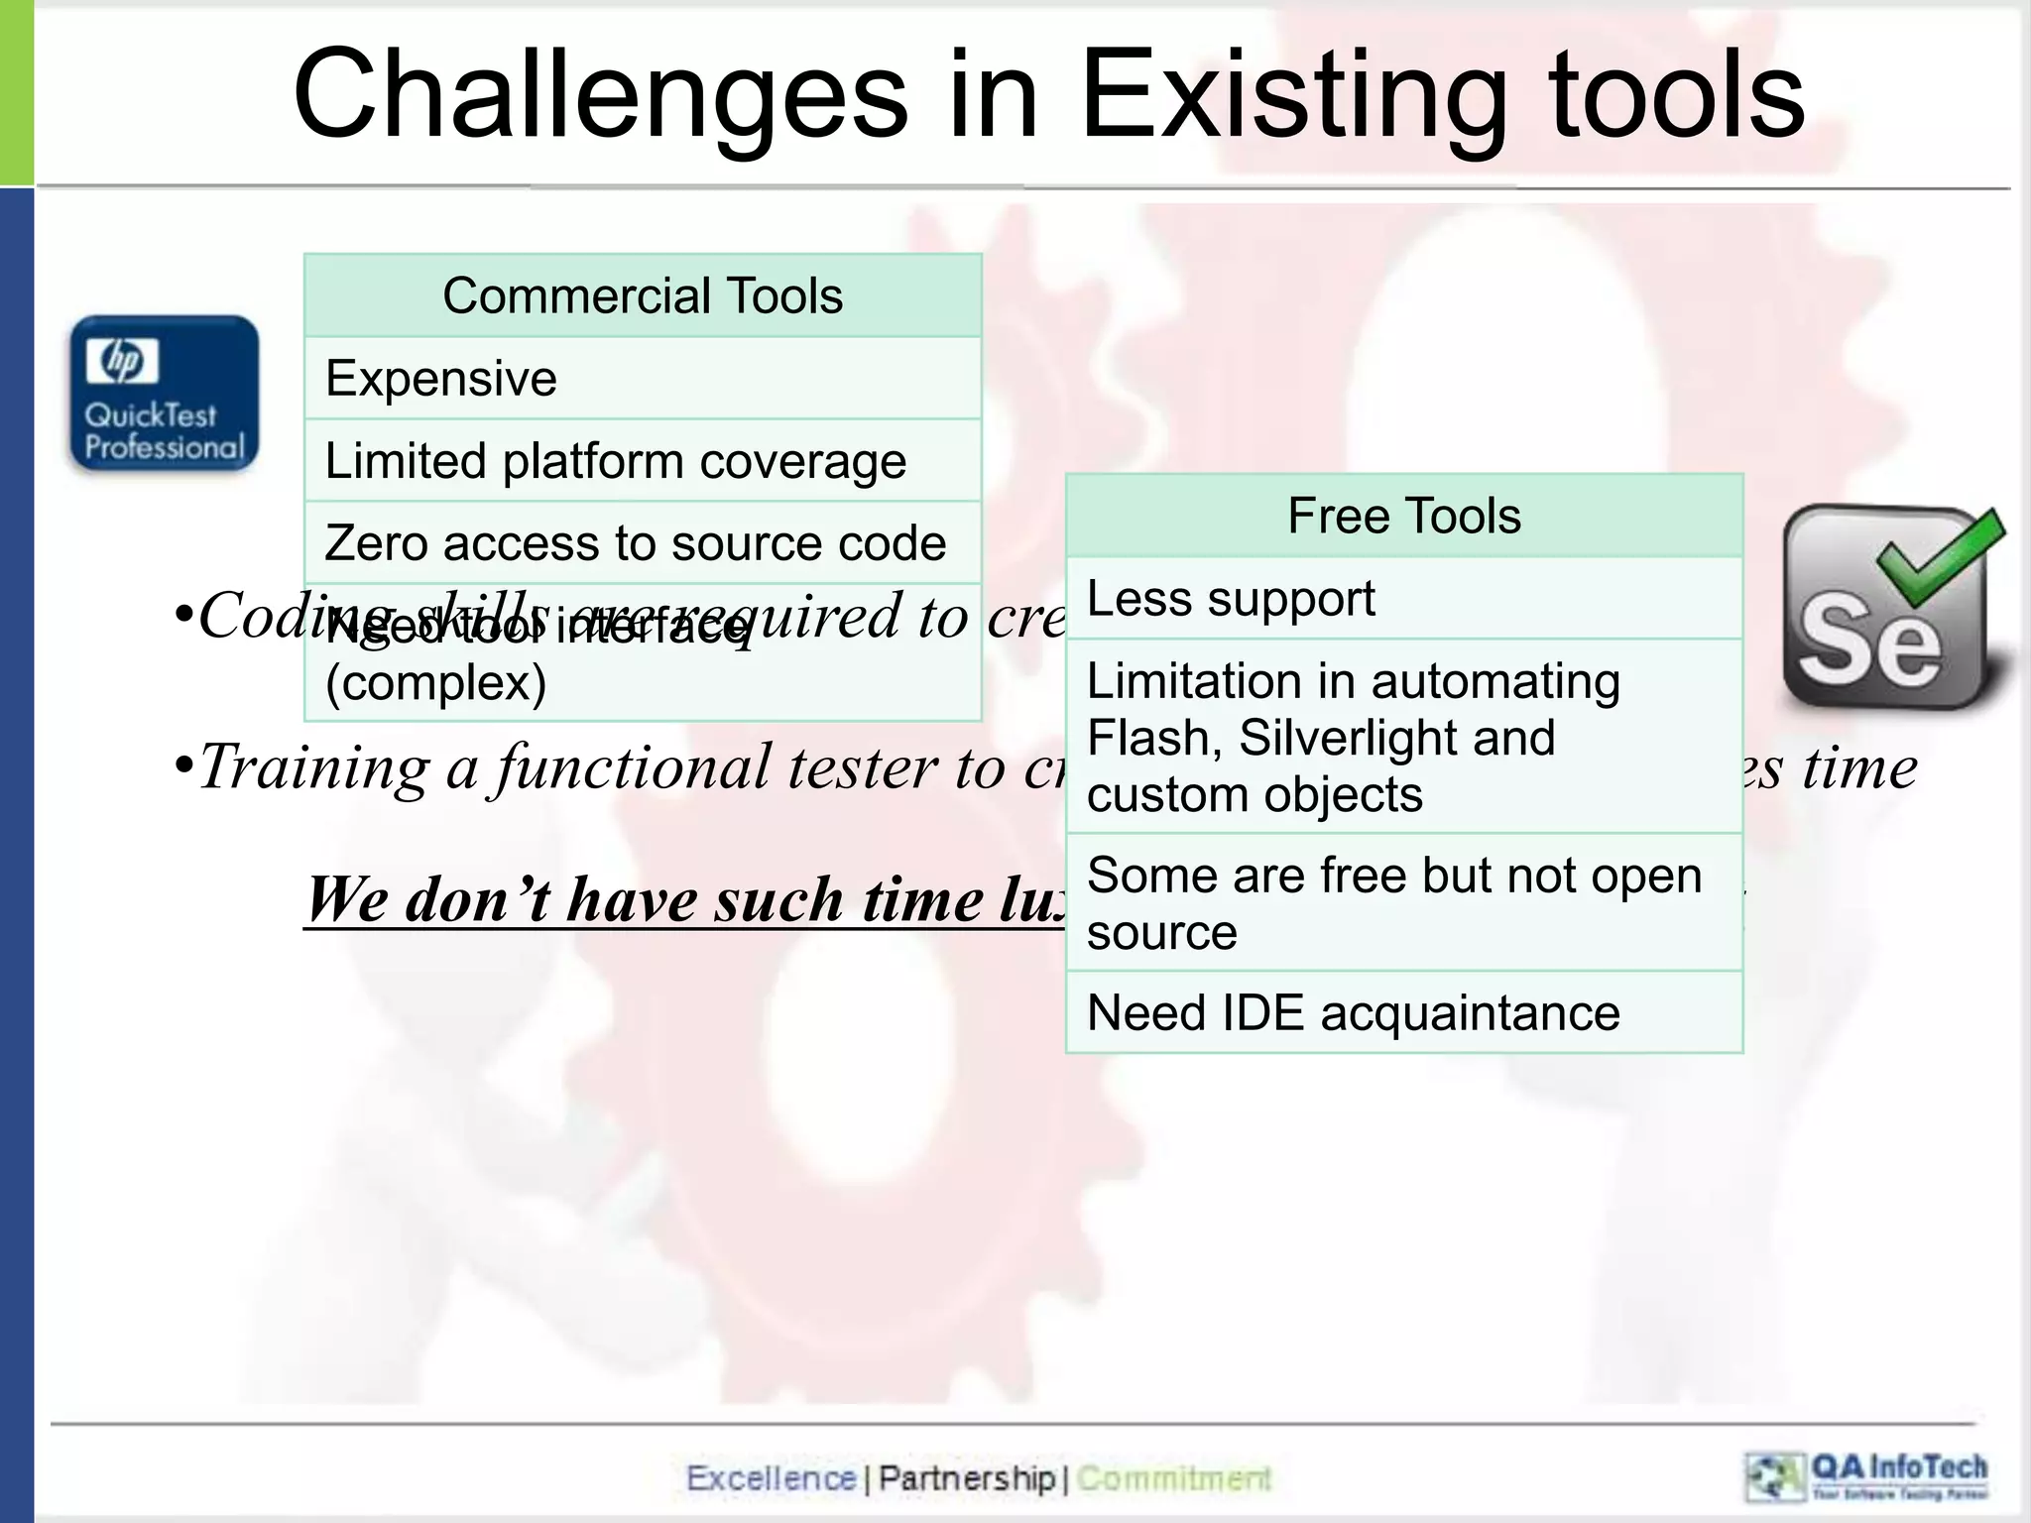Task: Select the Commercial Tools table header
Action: [643, 295]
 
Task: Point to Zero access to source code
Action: [635, 543]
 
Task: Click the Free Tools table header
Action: [1403, 516]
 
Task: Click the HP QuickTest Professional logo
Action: [165, 394]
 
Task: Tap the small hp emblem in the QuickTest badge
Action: [122, 360]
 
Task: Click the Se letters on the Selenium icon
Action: [1868, 640]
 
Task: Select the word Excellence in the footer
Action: [771, 1478]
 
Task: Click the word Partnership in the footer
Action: [967, 1478]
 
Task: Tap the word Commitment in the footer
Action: [1173, 1478]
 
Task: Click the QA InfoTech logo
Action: [1866, 1476]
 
